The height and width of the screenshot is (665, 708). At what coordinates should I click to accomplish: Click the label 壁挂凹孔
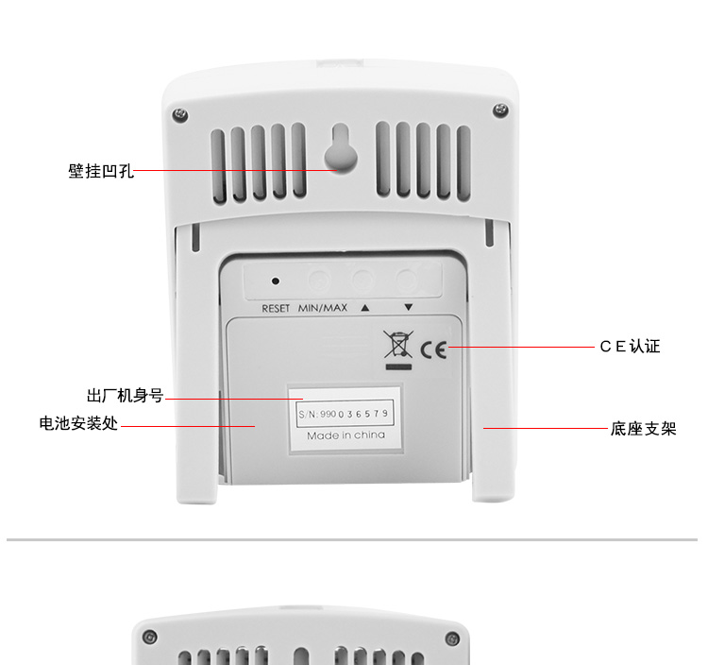(x=101, y=171)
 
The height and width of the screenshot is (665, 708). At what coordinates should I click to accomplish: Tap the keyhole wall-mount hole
(x=341, y=148)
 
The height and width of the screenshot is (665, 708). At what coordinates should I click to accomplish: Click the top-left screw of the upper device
(x=180, y=114)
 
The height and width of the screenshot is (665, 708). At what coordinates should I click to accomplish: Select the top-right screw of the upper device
(x=500, y=110)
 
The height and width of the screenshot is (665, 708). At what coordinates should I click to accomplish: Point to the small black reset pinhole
(x=275, y=281)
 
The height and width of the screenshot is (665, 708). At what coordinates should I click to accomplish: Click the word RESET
(x=276, y=309)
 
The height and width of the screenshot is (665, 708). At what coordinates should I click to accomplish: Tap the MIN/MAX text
(x=323, y=308)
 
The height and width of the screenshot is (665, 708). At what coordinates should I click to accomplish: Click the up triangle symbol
(x=364, y=308)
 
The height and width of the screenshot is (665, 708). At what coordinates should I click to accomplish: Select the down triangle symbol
(x=408, y=307)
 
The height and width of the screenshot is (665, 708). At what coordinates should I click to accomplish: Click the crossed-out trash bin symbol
(x=398, y=344)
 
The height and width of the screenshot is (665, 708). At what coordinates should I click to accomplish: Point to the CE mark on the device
(x=433, y=350)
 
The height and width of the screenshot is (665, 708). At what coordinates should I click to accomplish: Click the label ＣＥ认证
(x=630, y=347)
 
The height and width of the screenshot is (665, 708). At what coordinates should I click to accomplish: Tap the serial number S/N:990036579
(x=344, y=414)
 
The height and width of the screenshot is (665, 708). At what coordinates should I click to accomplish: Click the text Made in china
(x=346, y=435)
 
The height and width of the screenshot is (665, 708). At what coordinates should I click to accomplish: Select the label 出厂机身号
(x=125, y=396)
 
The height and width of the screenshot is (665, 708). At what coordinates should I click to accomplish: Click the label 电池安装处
(x=78, y=424)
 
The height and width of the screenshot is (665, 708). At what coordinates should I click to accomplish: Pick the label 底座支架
(x=644, y=429)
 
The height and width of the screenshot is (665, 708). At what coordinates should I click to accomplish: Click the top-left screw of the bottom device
(x=149, y=637)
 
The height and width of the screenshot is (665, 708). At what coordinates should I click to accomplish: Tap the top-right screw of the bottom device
(x=452, y=639)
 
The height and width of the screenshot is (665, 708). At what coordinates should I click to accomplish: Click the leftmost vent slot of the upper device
(x=219, y=166)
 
